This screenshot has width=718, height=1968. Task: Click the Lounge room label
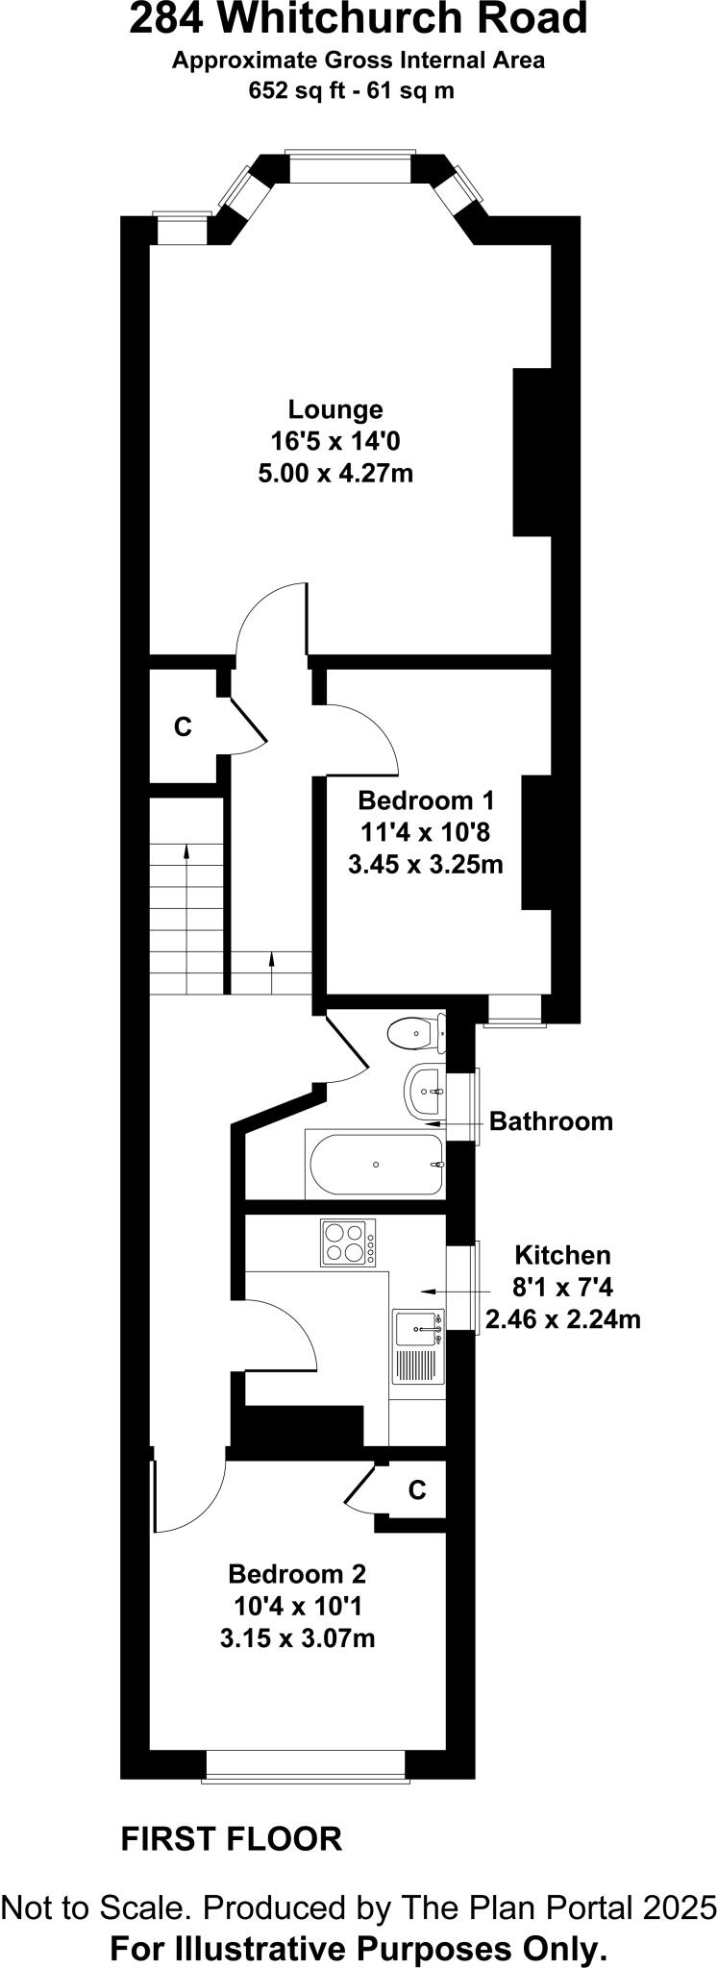tap(335, 410)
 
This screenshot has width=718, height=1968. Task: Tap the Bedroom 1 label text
tap(425, 800)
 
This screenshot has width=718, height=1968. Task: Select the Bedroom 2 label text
tap(297, 1574)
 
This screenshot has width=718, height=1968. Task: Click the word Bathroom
tap(551, 1121)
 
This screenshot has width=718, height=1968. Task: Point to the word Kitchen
tap(562, 1255)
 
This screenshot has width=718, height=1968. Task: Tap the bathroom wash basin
tap(423, 1092)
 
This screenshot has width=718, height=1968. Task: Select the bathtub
tap(376, 1164)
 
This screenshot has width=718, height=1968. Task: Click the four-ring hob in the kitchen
tap(348, 1242)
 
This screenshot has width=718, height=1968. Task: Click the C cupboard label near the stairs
tap(183, 727)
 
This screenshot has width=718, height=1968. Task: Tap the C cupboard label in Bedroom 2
tap(416, 1490)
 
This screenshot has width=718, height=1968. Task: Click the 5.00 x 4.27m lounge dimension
tap(335, 474)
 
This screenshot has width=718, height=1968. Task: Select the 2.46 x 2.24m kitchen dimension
tap(562, 1319)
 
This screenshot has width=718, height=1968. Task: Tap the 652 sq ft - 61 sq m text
tap(352, 91)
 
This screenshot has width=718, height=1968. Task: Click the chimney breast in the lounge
tap(532, 452)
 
